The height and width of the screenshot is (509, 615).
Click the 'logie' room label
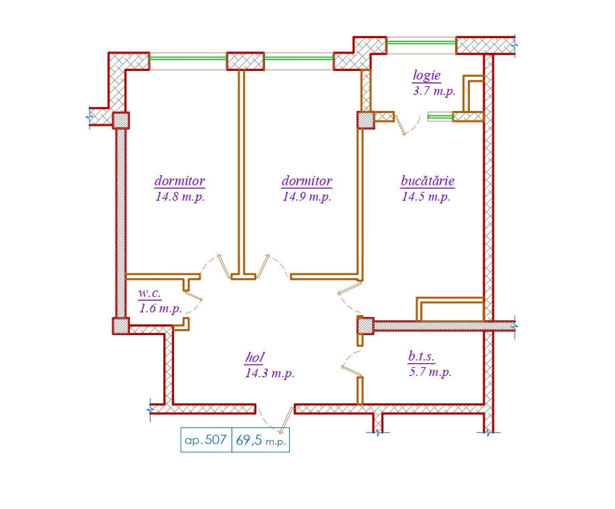[427, 76]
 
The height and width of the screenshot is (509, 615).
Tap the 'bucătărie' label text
[428, 181]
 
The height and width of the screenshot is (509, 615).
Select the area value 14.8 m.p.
[180, 196]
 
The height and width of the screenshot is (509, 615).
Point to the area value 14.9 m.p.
[306, 196]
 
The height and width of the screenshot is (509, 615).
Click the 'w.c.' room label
[149, 293]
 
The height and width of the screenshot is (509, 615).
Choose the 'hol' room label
[254, 357]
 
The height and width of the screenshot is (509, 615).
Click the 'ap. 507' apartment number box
[206, 440]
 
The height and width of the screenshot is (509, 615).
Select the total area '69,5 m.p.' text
[261, 440]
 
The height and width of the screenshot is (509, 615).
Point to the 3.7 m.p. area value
[434, 91]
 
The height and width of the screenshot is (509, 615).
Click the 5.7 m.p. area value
[430, 371]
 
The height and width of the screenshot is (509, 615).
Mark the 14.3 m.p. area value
[270, 373]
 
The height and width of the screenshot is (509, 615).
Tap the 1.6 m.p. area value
[161, 308]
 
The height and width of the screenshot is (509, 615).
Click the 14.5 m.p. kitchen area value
[426, 196]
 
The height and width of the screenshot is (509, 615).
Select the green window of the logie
[421, 42]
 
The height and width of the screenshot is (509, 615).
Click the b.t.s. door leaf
[351, 371]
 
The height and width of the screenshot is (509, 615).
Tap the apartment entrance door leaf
[286, 420]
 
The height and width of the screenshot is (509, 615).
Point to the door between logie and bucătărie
[400, 124]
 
